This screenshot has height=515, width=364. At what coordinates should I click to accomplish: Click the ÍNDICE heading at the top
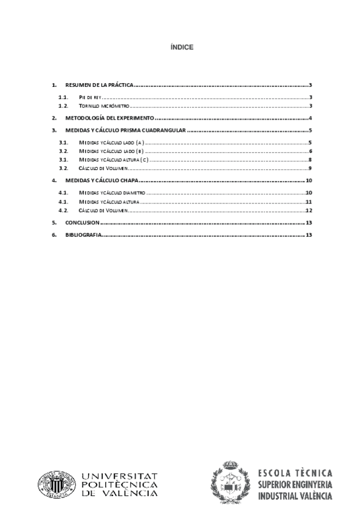pyautogui.click(x=182, y=47)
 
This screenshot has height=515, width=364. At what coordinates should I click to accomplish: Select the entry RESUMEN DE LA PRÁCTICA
pyautogui.click(x=99, y=86)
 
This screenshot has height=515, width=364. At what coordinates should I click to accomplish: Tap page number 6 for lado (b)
pyautogui.click(x=310, y=151)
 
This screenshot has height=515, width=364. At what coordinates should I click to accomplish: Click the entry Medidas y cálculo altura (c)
pyautogui.click(x=114, y=159)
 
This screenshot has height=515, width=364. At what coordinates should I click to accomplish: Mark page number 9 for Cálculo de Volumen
pyautogui.click(x=310, y=168)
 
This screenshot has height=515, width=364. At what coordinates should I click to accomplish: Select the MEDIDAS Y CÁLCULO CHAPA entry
pyautogui.click(x=101, y=180)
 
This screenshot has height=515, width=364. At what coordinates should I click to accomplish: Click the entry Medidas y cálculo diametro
pyautogui.click(x=113, y=192)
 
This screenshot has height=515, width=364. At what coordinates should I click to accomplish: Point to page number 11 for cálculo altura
pyautogui.click(x=309, y=201)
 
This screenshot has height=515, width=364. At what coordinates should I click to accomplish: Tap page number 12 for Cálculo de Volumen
pyautogui.click(x=309, y=210)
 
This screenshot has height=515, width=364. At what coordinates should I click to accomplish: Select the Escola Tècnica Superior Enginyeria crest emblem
pyautogui.click(x=230, y=485)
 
